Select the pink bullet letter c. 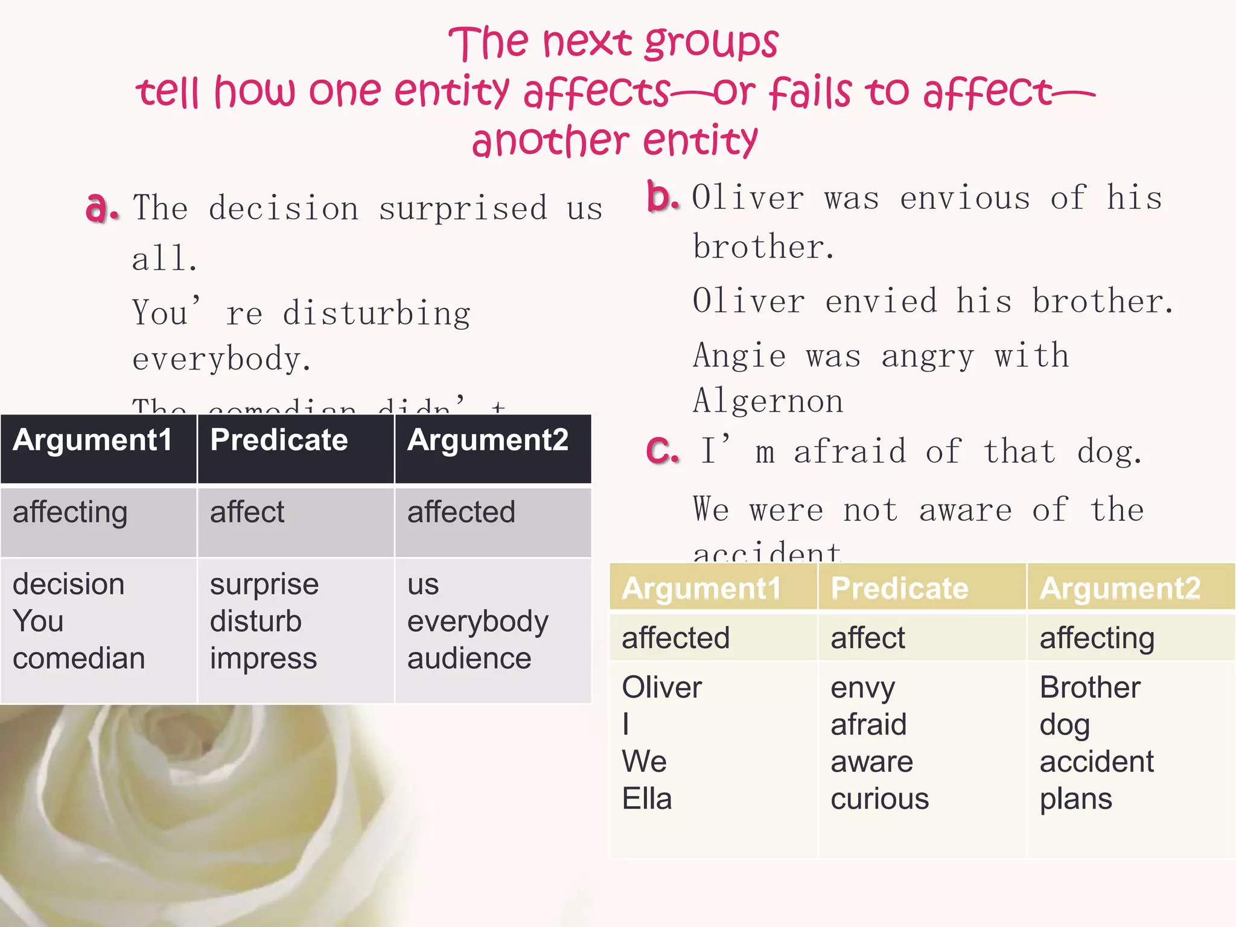click(662, 450)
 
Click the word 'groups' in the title click(712, 43)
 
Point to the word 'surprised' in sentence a click(463, 209)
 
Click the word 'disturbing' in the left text click(377, 314)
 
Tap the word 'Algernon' click(768, 401)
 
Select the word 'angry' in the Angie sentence click(928, 356)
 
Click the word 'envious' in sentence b click(965, 199)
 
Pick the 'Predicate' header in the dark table click(279, 440)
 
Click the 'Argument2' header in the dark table click(488, 440)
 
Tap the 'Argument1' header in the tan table click(701, 588)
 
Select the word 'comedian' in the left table click(78, 658)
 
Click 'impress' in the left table click(263, 658)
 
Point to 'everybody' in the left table click(478, 622)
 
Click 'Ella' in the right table click(646, 799)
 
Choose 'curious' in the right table click(879, 799)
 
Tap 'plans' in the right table click(1075, 799)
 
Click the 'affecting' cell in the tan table click(1097, 639)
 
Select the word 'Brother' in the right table click(1090, 687)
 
